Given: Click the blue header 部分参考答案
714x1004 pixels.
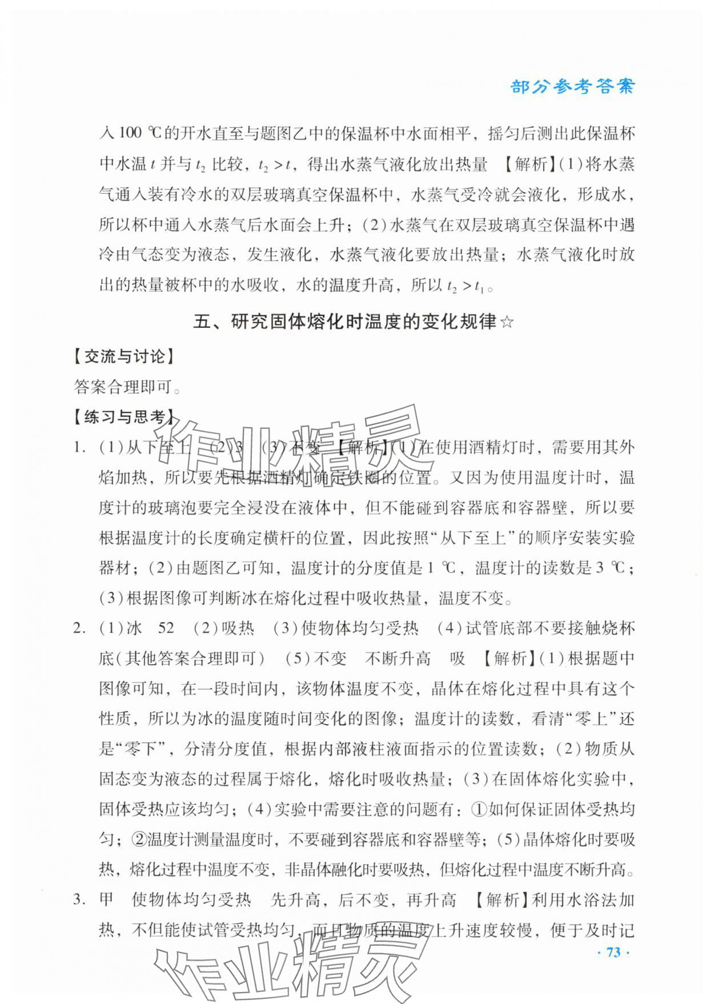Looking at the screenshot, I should (x=572, y=87).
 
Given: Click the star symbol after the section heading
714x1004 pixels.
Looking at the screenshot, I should (x=507, y=323).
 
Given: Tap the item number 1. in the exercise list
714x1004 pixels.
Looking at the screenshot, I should (x=79, y=448).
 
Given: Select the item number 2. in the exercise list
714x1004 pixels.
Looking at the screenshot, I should (x=79, y=629).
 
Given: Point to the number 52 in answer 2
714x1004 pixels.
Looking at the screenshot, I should (x=166, y=629).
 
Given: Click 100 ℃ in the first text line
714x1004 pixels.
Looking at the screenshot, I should (x=140, y=134).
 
